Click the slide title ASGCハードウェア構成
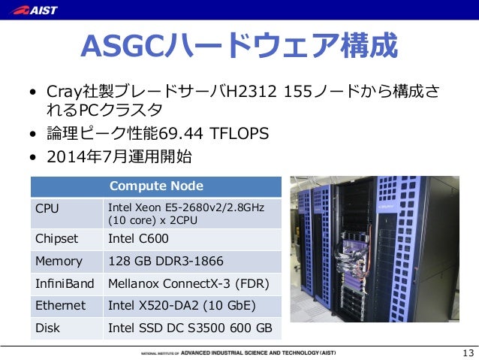click(239, 47)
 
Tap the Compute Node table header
click(156, 186)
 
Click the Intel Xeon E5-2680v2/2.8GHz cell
click(188, 213)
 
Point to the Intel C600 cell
click(138, 239)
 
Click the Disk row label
click(48, 328)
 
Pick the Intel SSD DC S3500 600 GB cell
click(190, 328)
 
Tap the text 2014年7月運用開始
click(119, 157)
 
